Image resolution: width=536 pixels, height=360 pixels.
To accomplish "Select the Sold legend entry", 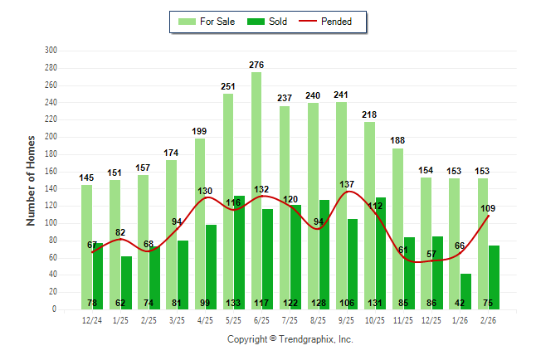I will coord(268,22).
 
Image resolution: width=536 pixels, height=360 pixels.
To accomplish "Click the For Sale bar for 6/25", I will coord(256,191).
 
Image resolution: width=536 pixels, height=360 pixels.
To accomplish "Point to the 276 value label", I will coord(256,64).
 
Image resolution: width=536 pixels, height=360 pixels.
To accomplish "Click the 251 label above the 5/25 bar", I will coord(228,85).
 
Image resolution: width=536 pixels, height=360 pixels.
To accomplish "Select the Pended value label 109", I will coord(489,207).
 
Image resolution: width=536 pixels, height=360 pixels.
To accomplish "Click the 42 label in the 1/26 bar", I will coord(465,303).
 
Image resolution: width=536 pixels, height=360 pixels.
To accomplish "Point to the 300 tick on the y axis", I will coord(51,51).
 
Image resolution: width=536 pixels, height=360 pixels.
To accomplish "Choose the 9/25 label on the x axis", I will coord(346,319).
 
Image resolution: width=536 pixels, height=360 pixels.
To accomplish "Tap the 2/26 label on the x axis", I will coord(488,319).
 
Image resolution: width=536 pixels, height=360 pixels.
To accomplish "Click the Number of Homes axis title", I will coord(32,180).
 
